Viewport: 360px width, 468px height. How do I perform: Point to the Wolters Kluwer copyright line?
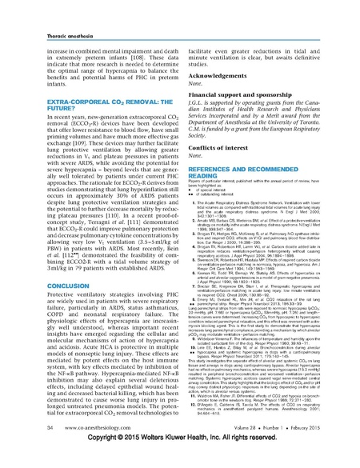179,461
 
